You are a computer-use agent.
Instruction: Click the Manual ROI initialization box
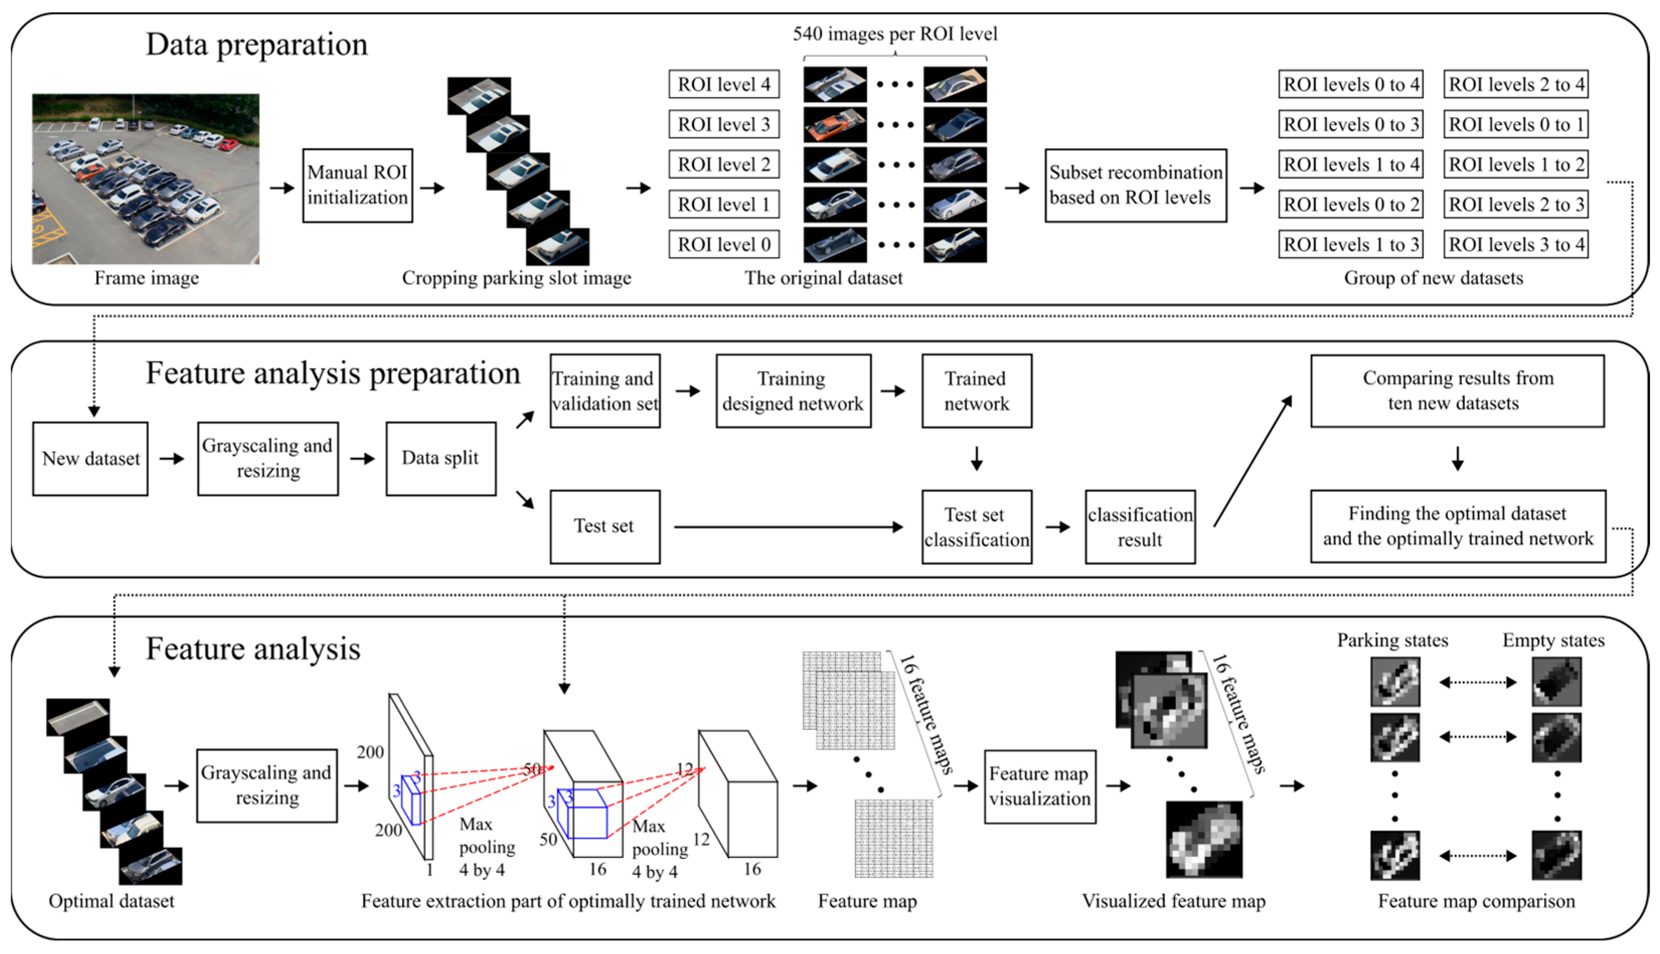point(358,186)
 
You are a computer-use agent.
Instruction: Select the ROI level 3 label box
point(723,124)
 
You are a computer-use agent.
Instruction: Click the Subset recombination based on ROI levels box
point(1135,186)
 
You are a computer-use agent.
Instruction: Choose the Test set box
point(605,526)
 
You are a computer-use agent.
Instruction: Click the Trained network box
point(976,391)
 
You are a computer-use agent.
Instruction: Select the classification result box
point(1139,527)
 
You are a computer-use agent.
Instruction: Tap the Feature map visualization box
point(1039,786)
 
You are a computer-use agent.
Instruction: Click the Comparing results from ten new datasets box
point(1457,391)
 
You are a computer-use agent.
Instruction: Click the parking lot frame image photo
point(145,179)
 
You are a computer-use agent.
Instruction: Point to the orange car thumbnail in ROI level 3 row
point(835,124)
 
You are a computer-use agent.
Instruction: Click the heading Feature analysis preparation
point(333,373)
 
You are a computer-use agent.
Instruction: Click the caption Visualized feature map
point(1173,901)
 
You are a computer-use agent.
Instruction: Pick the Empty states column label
point(1553,640)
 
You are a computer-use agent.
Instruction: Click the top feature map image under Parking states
point(1395,681)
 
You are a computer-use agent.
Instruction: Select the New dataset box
point(91,459)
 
